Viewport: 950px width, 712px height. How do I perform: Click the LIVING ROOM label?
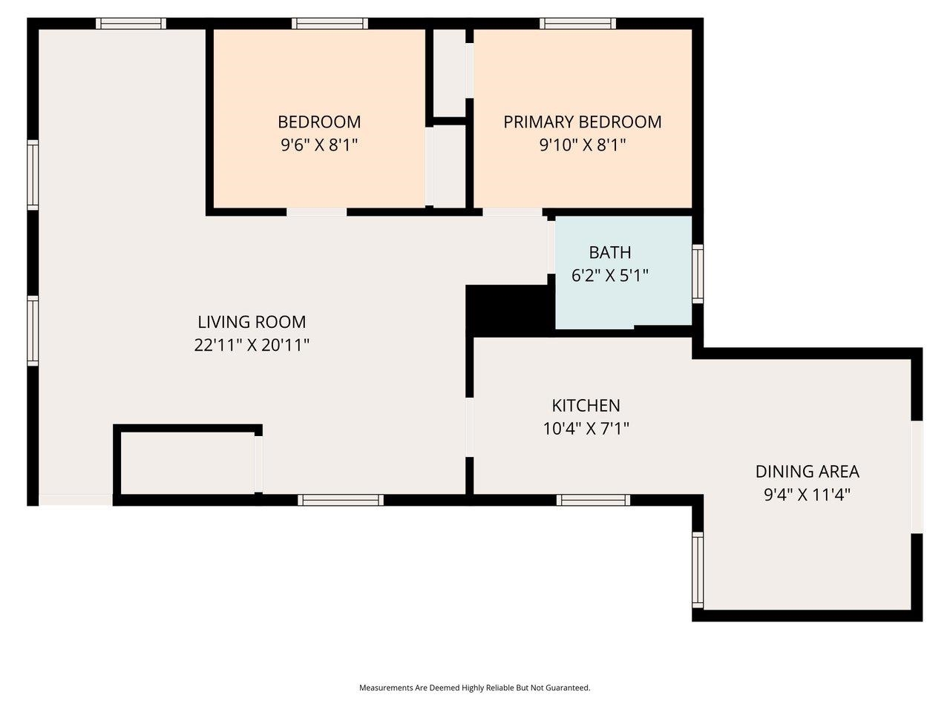[252, 322]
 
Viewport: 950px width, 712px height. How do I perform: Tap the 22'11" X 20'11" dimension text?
[252, 345]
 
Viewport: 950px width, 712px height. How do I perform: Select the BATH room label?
[610, 252]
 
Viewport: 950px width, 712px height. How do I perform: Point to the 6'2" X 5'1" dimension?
[610, 276]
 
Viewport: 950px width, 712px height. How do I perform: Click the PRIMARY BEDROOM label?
[583, 122]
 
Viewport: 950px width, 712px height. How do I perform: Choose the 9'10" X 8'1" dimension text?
[583, 145]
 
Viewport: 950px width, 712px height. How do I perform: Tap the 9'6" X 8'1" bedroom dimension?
[319, 145]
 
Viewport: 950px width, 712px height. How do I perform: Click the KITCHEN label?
[586, 406]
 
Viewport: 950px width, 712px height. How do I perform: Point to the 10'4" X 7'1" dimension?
[586, 429]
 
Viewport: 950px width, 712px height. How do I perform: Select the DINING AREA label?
[807, 471]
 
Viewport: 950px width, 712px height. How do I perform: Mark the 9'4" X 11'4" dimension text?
[807, 495]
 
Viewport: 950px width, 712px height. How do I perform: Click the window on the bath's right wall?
[697, 274]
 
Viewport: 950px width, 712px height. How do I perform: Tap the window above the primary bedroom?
[578, 24]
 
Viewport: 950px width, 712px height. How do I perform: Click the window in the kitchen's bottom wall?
[593, 500]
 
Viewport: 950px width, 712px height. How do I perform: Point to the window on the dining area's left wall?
[698, 570]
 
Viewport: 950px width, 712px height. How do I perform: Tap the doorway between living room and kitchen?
[469, 427]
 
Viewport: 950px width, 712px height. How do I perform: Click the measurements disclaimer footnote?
[474, 688]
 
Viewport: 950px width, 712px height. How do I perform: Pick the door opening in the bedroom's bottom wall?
[316, 212]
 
